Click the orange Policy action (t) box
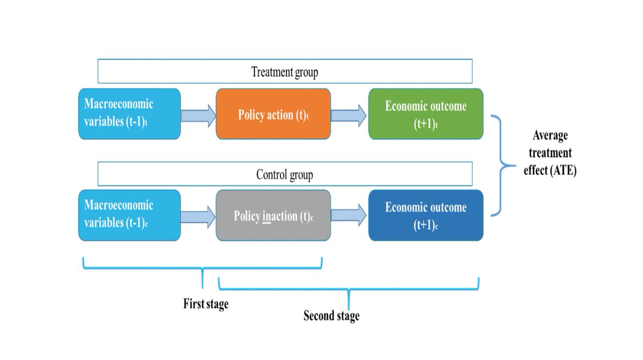[273, 114]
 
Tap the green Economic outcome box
[425, 114]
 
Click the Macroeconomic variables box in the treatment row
[129, 114]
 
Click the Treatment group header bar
[285, 71]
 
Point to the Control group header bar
[285, 174]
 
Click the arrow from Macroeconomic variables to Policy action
[198, 115]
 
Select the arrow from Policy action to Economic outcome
[349, 115]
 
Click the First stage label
[206, 304]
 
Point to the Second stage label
[331, 316]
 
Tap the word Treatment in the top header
[271, 72]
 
